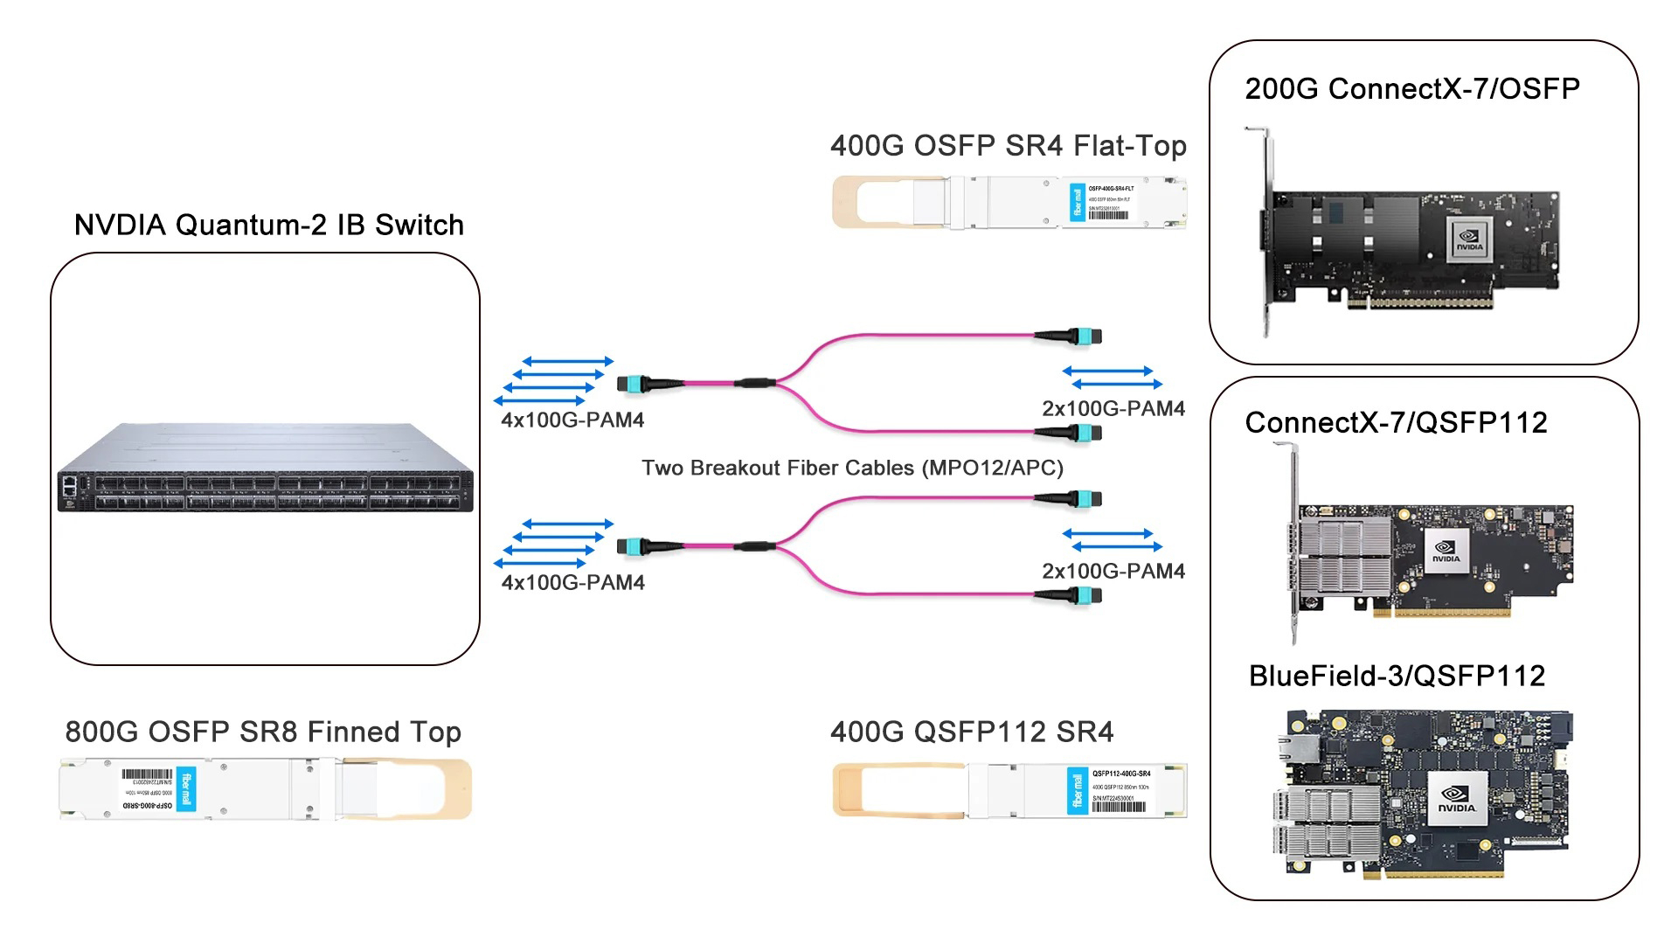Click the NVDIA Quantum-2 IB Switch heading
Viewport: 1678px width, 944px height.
point(269,225)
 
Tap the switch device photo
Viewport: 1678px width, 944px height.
point(266,469)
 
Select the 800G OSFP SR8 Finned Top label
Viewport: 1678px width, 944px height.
point(263,732)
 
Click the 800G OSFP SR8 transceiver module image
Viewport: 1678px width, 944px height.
point(218,789)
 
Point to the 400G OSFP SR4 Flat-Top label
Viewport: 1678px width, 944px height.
point(1009,145)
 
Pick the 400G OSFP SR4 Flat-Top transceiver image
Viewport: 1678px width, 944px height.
point(1049,203)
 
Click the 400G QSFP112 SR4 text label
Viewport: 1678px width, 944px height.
point(972,732)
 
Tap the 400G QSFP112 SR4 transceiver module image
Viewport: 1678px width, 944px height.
point(1049,791)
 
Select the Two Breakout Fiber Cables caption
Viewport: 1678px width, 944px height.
point(852,468)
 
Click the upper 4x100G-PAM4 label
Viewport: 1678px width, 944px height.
point(572,420)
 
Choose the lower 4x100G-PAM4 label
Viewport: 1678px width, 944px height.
point(572,583)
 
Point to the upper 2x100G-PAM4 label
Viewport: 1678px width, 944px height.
point(1113,409)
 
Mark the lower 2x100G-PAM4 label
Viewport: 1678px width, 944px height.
point(1113,572)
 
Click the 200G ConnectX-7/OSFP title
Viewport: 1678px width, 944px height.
point(1412,89)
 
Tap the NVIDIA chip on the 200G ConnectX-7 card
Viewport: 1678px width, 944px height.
point(1469,239)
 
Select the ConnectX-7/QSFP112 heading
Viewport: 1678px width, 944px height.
point(1396,423)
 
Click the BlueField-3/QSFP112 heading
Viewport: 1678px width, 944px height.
point(1397,676)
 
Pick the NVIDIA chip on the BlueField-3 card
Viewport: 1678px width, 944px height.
point(1457,800)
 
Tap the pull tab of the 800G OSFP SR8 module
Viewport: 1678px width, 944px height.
point(437,789)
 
